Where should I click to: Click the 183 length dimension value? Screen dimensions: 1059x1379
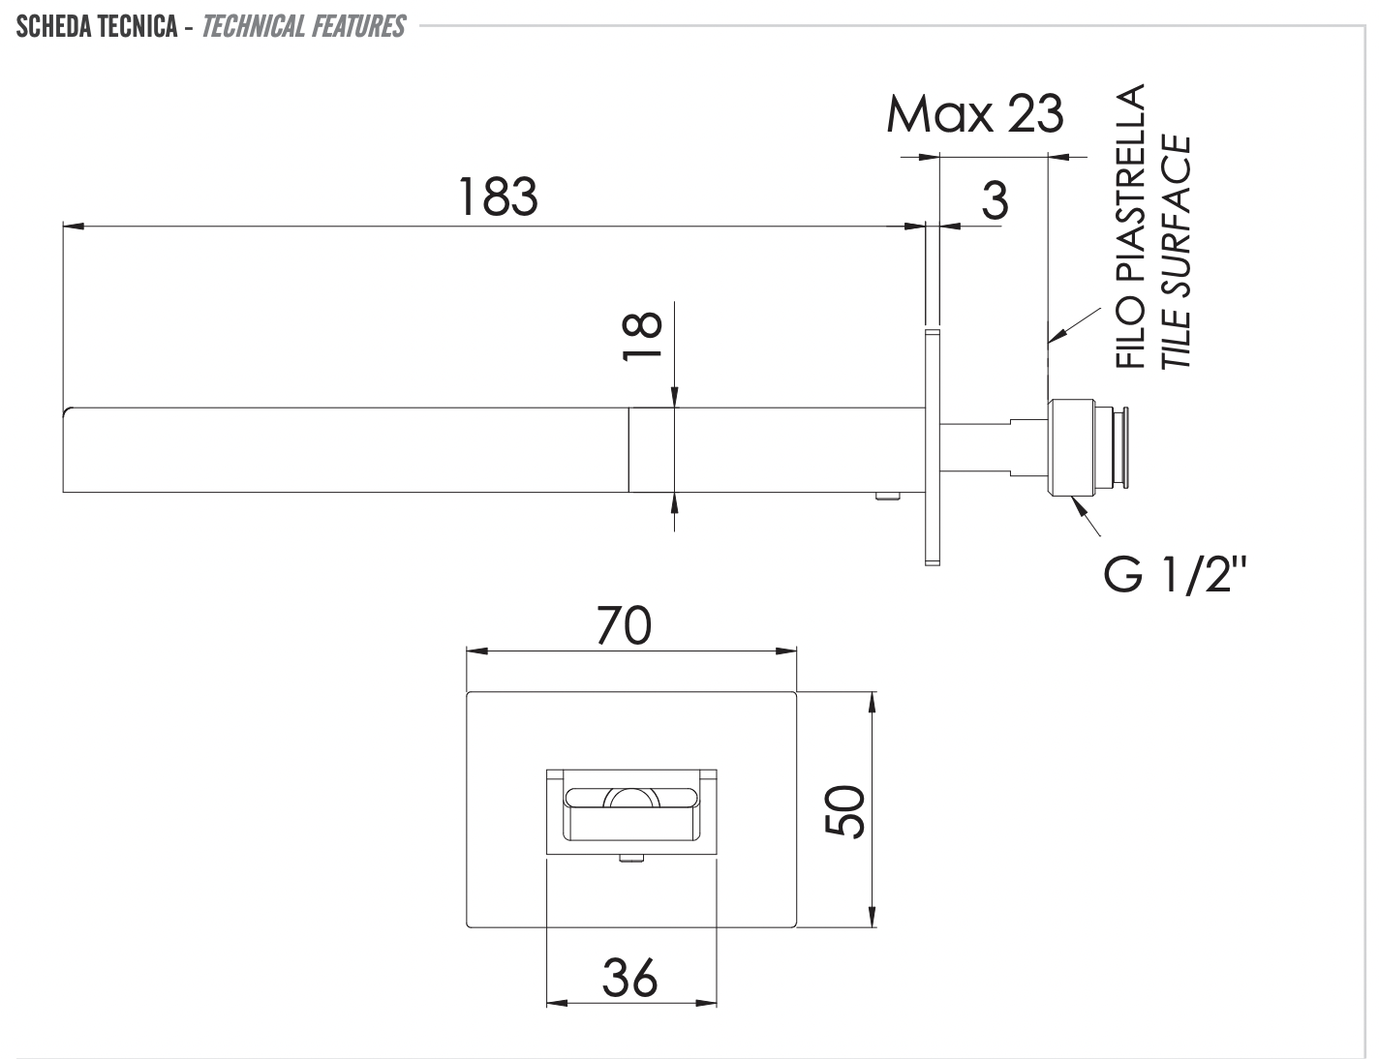coord(498,197)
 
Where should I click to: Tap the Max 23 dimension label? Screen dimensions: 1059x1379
coord(974,114)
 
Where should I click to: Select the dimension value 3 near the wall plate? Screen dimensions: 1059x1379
coord(995,200)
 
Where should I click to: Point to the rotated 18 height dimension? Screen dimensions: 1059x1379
coord(643,336)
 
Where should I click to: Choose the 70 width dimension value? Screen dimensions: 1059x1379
coord(624,626)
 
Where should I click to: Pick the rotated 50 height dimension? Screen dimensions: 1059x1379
coord(844,811)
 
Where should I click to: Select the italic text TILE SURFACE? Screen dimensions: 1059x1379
coord(1176,252)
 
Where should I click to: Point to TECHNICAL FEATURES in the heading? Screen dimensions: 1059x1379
coord(303,26)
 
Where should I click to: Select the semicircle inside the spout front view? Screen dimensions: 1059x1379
coord(629,798)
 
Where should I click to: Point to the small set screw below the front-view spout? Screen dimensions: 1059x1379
coord(630,857)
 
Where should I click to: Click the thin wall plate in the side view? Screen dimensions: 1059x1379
coord(933,446)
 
